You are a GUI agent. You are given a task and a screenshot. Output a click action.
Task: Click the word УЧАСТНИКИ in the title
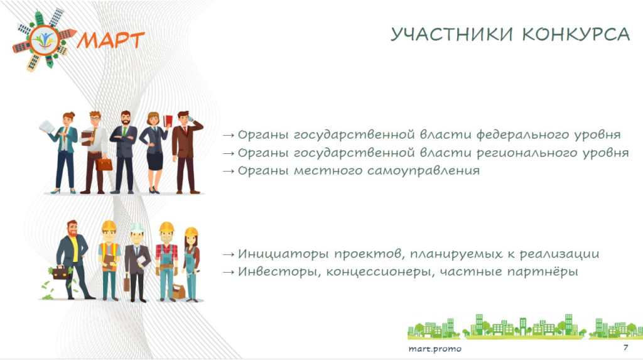click(451, 34)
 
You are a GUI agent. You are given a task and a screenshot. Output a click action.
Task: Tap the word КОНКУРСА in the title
click(576, 34)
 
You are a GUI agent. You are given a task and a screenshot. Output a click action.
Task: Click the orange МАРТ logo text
click(111, 40)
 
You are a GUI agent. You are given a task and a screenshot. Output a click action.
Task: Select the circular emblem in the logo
click(45, 40)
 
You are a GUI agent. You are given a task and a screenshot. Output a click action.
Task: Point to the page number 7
click(625, 347)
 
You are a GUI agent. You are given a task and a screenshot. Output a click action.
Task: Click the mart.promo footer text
click(435, 349)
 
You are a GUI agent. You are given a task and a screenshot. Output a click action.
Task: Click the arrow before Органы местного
click(228, 171)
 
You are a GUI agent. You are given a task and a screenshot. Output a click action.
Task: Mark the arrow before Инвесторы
click(228, 272)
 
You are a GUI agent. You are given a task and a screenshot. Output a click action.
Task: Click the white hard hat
click(137, 227)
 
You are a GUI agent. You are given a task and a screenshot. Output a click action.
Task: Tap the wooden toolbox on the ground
click(178, 291)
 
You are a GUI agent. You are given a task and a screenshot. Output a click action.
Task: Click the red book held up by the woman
click(168, 121)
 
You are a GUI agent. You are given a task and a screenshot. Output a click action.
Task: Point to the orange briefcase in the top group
click(104, 165)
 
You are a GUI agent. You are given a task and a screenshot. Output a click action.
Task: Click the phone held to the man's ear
click(190, 119)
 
